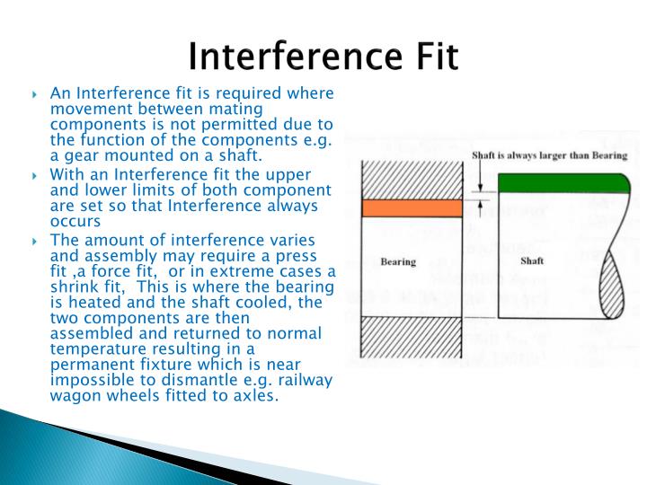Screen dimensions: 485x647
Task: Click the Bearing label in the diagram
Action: tap(397, 262)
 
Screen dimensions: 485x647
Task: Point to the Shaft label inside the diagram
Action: tap(532, 261)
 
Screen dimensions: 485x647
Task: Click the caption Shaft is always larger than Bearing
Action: tap(549, 154)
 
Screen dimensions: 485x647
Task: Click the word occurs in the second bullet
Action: tap(75, 220)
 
